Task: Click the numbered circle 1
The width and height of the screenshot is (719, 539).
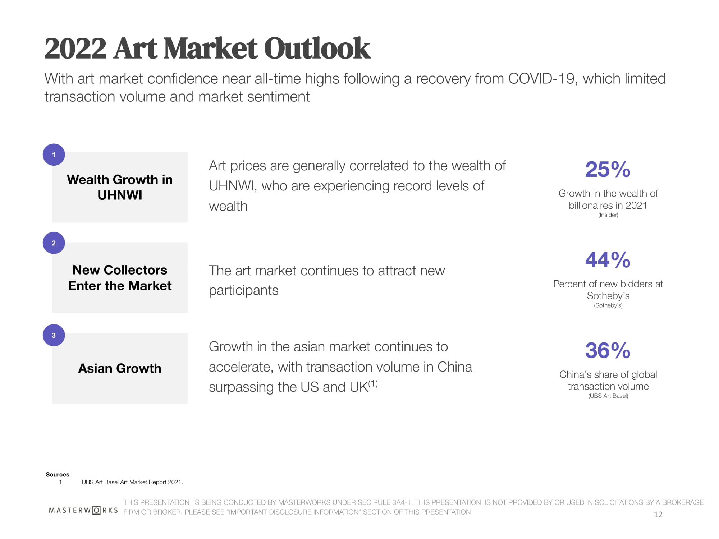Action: coord(54,155)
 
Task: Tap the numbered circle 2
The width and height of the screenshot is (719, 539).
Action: coord(54,243)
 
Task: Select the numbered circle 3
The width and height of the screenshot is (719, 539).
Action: coord(54,335)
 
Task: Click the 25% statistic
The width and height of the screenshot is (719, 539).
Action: coord(608,169)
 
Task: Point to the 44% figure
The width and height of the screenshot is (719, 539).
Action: coord(608,260)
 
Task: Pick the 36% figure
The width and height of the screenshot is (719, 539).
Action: coord(608,350)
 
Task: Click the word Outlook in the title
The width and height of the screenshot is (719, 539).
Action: coord(317,49)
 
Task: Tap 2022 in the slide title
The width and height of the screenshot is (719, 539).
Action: coord(75,49)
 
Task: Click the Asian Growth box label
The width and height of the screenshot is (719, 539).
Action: coord(120,368)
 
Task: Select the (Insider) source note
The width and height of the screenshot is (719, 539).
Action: coord(608,215)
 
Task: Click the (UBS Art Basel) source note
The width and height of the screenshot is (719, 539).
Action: coord(608,396)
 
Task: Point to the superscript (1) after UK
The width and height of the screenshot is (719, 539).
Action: coord(373,383)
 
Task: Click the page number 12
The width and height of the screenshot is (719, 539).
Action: coord(658,515)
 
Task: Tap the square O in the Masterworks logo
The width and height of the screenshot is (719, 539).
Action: coord(96,510)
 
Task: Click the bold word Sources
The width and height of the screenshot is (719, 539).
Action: coord(58,474)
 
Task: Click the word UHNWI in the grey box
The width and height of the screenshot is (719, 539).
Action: coord(120,195)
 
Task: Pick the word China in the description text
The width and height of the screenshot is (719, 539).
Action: coord(454,367)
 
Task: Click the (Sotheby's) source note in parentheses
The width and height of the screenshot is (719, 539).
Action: coord(608,305)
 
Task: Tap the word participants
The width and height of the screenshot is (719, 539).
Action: coord(243,290)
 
